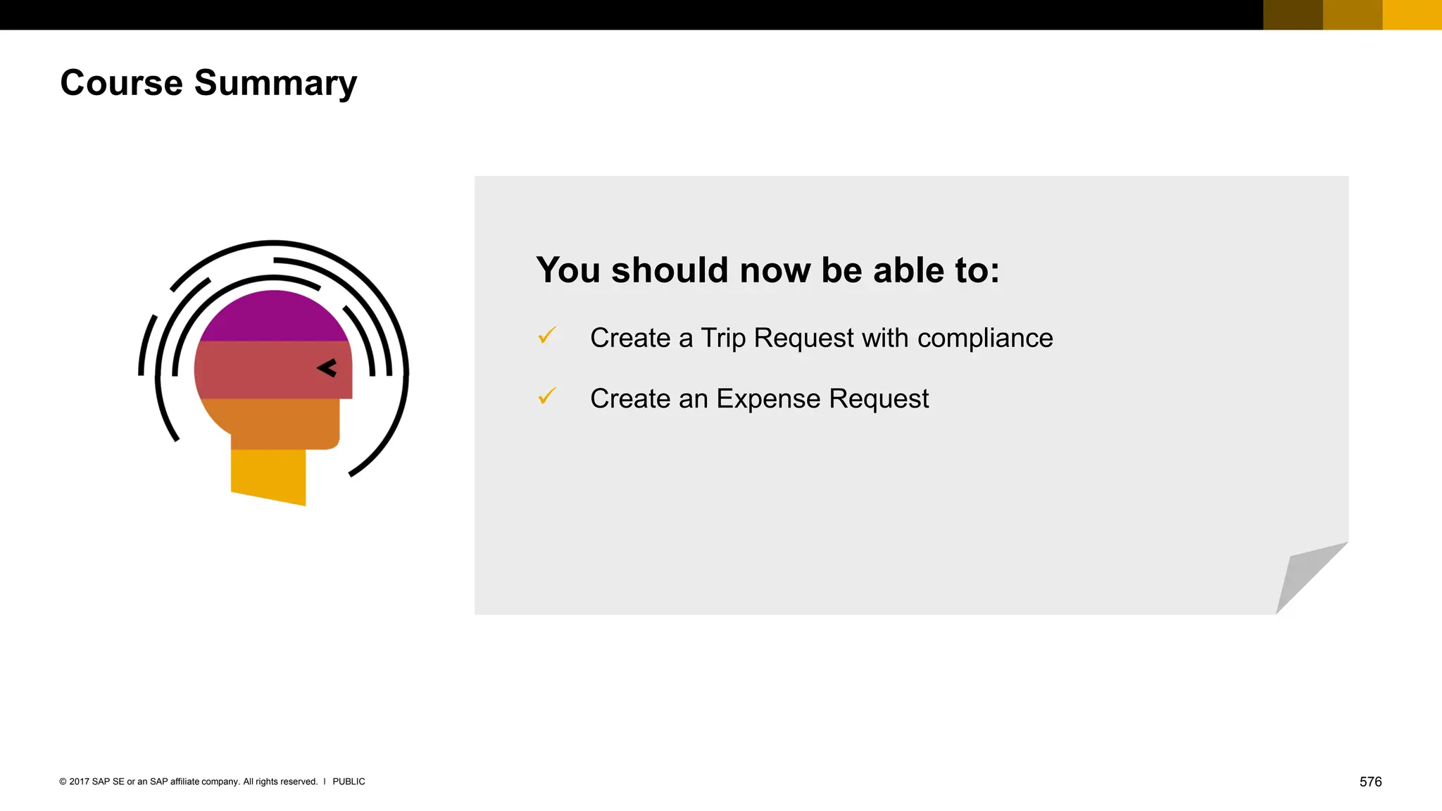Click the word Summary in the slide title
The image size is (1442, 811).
click(x=275, y=83)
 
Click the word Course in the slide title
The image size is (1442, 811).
click(x=121, y=83)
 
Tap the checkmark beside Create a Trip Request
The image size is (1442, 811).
click(x=547, y=336)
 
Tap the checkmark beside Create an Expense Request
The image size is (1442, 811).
click(x=547, y=396)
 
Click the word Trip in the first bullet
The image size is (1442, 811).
click(x=723, y=339)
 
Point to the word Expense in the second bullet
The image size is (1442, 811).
click(x=767, y=399)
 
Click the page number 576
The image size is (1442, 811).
click(x=1370, y=781)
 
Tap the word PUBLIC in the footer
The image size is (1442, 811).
click(x=349, y=781)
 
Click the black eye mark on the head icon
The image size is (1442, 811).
click(x=327, y=367)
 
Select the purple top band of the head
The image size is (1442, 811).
click(x=273, y=318)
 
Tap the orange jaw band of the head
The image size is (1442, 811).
click(x=282, y=422)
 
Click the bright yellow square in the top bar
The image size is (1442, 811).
click(x=1412, y=15)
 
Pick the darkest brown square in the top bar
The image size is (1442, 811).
click(x=1293, y=15)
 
